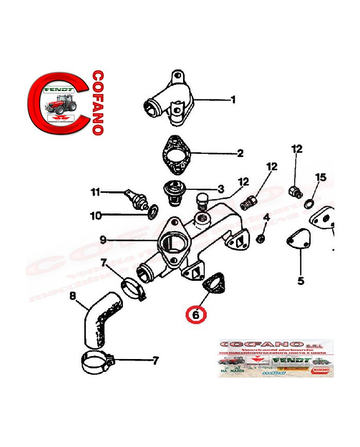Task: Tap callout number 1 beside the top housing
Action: (232, 99)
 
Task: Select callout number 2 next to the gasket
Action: (239, 153)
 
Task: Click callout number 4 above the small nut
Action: (266, 217)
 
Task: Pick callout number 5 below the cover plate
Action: (301, 281)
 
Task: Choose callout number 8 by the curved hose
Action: (73, 296)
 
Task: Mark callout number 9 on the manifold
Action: (103, 239)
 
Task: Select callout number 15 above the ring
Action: (320, 177)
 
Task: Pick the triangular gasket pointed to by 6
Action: (214, 284)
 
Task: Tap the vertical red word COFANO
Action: (97, 103)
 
